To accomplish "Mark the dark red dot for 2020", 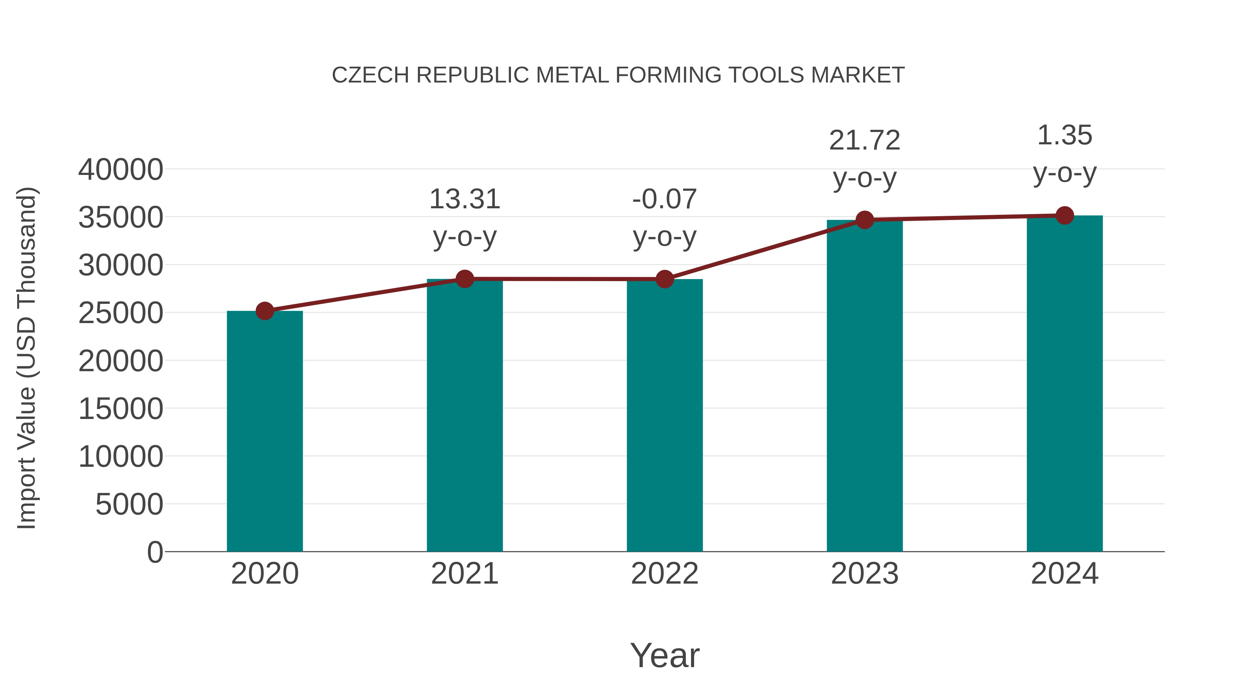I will click(x=265, y=311).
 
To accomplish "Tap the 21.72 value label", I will click(x=865, y=141).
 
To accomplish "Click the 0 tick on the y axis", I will click(x=155, y=552).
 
